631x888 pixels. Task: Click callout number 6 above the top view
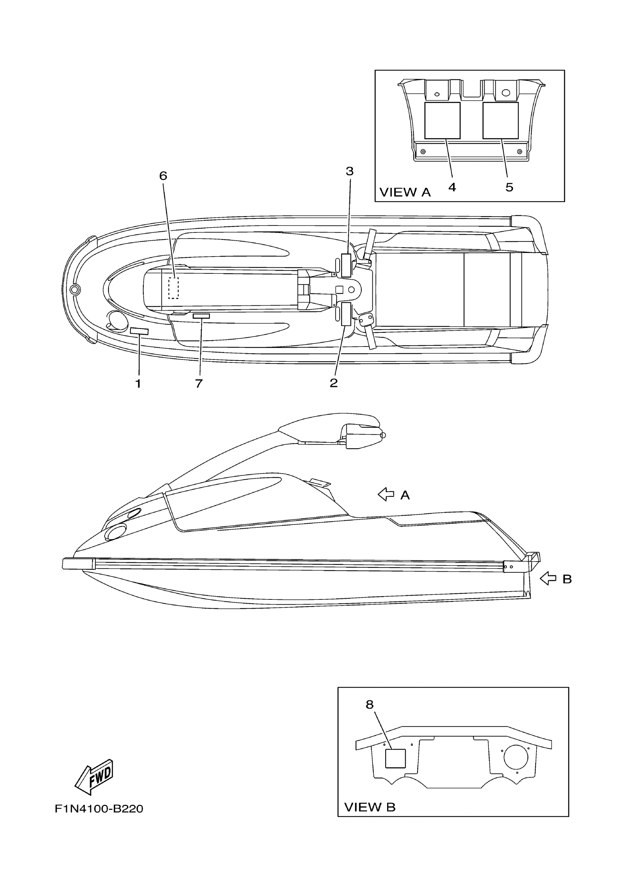(163, 176)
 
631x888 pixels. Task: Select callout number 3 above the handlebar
(350, 171)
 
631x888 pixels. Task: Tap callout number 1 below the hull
(138, 384)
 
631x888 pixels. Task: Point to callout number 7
(199, 384)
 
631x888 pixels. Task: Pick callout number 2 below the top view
(334, 383)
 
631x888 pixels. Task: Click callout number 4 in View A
(452, 188)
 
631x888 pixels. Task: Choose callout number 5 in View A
(509, 188)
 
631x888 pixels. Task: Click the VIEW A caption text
(405, 192)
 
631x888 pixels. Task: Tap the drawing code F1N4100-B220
(99, 809)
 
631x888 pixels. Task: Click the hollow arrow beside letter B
(548, 579)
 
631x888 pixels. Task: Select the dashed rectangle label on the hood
(173, 288)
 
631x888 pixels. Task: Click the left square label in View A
(442, 121)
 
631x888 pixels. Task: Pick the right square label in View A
(500, 121)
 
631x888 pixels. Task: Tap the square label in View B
(395, 758)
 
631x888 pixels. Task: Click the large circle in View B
(516, 756)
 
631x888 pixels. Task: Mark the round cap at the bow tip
(75, 289)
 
